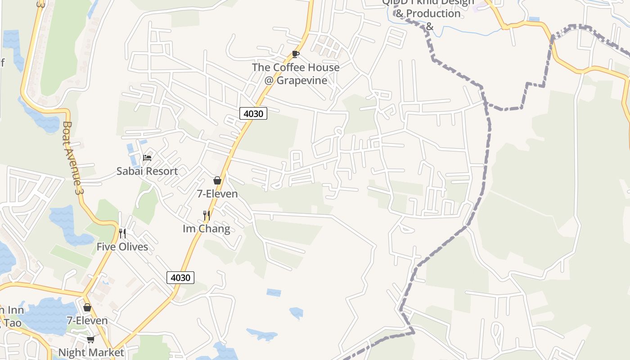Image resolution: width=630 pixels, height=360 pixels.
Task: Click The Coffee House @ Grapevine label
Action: pyautogui.click(x=296, y=74)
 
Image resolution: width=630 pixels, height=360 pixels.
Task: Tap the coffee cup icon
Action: pyautogui.click(x=295, y=54)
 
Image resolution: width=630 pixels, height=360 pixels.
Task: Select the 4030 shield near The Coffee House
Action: pyautogui.click(x=253, y=113)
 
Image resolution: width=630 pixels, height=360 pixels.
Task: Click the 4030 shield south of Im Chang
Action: pyautogui.click(x=180, y=278)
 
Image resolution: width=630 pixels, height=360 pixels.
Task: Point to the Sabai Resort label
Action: pyautogui.click(x=147, y=171)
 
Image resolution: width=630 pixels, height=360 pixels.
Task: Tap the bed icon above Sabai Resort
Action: pyautogui.click(x=147, y=157)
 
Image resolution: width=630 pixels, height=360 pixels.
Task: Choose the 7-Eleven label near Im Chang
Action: pyautogui.click(x=217, y=194)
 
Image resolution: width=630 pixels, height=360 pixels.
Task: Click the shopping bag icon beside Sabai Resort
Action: pyautogui.click(x=217, y=180)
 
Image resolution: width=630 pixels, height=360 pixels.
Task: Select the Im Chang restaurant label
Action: pyautogui.click(x=206, y=229)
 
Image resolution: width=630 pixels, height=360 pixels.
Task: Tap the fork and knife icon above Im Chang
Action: pyautogui.click(x=207, y=216)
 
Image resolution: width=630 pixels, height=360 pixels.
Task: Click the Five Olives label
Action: pyautogui.click(x=122, y=247)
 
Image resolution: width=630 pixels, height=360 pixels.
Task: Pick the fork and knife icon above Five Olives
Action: pyautogui.click(x=122, y=233)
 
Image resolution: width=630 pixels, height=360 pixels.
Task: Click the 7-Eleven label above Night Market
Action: pyautogui.click(x=87, y=321)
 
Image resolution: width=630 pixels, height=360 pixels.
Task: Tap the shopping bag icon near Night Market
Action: pyautogui.click(x=87, y=307)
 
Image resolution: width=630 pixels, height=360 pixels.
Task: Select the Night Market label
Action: pyautogui.click(x=91, y=352)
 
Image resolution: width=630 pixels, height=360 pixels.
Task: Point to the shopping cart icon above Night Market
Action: pyautogui.click(x=90, y=339)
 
